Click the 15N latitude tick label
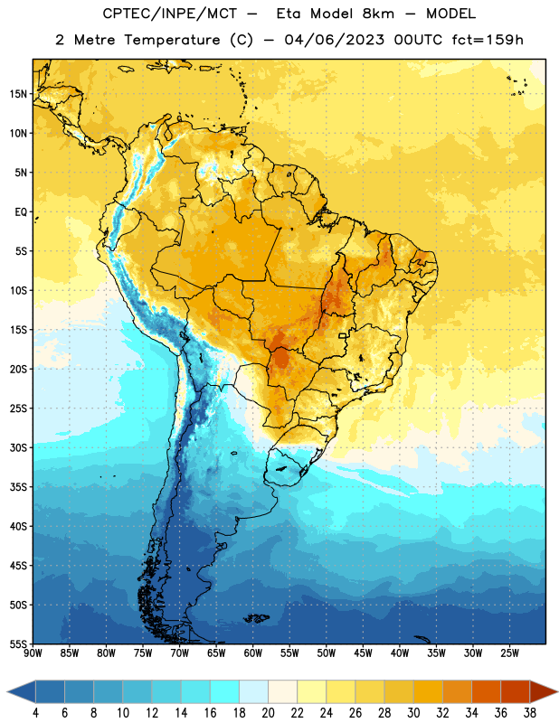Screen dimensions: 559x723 point(18,94)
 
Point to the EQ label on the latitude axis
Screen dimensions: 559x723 point(21,212)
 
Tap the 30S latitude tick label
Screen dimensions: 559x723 point(18,447)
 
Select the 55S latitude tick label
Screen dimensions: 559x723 point(18,643)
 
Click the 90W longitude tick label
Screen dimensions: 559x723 point(33,653)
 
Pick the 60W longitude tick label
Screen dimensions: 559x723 point(253,653)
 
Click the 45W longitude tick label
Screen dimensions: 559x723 point(363,653)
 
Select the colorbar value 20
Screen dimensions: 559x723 point(268,713)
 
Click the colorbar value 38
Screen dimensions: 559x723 point(530,713)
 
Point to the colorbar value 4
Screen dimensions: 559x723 point(35,713)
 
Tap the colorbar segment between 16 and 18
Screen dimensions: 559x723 point(225,691)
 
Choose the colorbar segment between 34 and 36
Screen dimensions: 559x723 point(486,691)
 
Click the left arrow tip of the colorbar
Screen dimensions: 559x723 point(7,691)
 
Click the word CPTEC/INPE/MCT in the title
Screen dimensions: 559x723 point(169,14)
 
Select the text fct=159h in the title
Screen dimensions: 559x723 point(488,40)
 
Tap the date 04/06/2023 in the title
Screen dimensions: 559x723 point(334,40)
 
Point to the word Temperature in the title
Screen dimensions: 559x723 point(172,41)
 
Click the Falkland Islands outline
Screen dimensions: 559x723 point(256,618)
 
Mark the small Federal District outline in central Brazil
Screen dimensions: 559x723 point(343,335)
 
